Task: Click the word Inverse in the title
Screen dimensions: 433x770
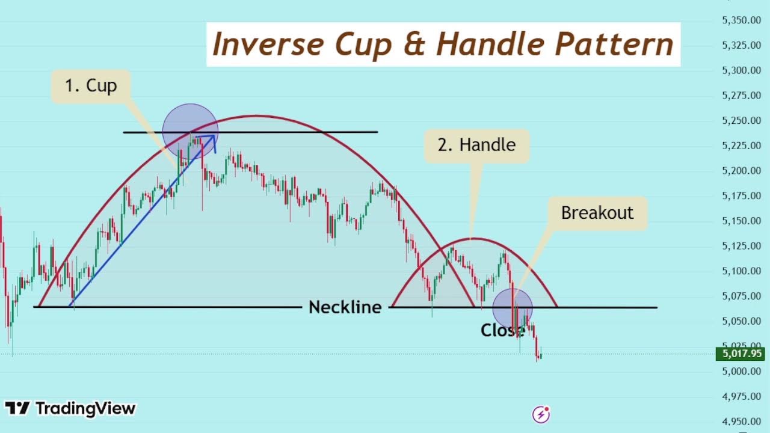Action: [268, 45]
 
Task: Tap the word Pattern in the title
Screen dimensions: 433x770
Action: [614, 45]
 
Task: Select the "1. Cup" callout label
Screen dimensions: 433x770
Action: [91, 85]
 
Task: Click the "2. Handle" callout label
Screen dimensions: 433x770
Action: [476, 145]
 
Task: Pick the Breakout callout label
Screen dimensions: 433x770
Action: [597, 213]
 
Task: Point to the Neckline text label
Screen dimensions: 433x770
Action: [345, 307]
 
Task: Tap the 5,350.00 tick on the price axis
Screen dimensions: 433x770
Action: [741, 20]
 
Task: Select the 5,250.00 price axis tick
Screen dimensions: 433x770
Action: [741, 121]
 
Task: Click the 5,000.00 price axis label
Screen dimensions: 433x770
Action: [741, 371]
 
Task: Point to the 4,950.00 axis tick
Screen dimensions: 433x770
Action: [741, 422]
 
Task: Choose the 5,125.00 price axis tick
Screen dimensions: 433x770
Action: [741, 246]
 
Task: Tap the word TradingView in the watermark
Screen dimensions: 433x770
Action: [85, 409]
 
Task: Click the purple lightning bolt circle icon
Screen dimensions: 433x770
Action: [541, 414]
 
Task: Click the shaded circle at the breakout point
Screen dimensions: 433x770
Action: [513, 308]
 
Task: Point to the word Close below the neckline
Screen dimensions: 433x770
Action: [502, 330]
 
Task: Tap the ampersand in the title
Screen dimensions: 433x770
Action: [414, 45]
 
